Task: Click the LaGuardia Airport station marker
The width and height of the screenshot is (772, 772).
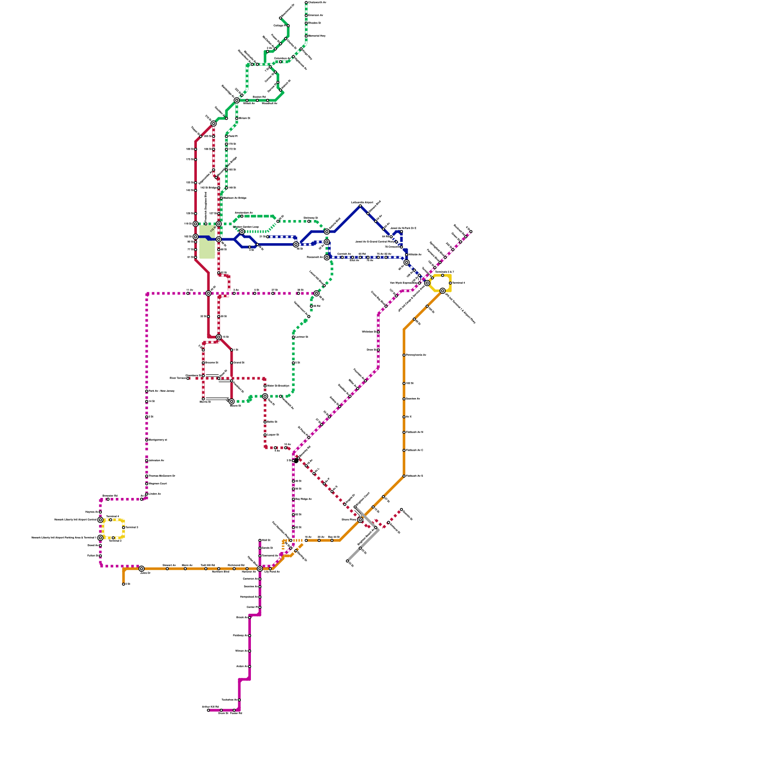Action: [360, 206]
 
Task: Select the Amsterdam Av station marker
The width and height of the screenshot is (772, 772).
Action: [242, 216]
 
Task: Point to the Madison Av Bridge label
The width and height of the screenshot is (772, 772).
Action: [235, 198]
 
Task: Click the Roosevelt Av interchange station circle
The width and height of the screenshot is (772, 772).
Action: [327, 257]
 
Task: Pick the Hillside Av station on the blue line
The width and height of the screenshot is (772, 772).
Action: [406, 254]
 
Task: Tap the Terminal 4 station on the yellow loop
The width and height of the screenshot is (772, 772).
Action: [450, 283]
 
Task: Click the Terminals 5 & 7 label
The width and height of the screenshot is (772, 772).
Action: [444, 272]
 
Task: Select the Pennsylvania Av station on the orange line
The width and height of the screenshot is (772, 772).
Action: [404, 355]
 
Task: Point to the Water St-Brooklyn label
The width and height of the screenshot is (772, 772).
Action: [278, 386]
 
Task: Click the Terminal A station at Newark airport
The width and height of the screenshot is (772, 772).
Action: [110, 520]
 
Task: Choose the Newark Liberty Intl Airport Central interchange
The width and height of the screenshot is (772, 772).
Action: [100, 520]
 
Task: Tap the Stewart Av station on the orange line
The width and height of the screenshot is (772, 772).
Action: [167, 569]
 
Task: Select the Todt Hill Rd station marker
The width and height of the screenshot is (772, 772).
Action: [206, 569]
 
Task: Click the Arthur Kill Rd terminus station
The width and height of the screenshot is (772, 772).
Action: [208, 710]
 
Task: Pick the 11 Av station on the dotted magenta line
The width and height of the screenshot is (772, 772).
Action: [188, 293]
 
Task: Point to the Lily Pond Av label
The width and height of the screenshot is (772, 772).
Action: [272, 572]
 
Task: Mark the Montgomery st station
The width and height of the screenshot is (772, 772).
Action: [147, 440]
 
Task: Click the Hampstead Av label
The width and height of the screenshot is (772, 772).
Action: [249, 597]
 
